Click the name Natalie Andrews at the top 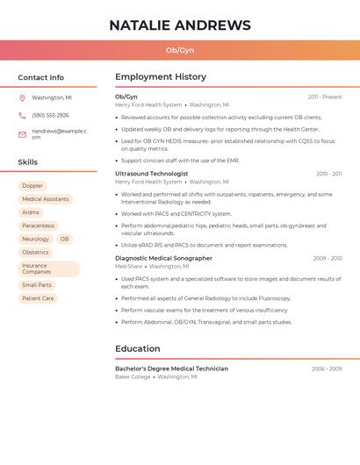[180, 25]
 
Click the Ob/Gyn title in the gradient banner [180, 50]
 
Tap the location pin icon [22, 97]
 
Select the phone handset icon [22, 115]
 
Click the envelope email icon [22, 134]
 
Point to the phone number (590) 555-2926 [50, 115]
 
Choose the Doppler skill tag [32, 186]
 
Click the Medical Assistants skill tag [45, 199]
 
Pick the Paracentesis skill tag [38, 225]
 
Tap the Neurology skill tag [35, 239]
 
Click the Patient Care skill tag [38, 298]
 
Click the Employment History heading [161, 77]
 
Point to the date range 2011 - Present [325, 97]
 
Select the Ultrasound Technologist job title [151, 174]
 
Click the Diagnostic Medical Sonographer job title [163, 259]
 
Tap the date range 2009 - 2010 [328, 259]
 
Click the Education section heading [138, 348]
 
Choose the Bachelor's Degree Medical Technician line [171, 368]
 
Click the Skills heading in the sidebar [28, 162]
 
